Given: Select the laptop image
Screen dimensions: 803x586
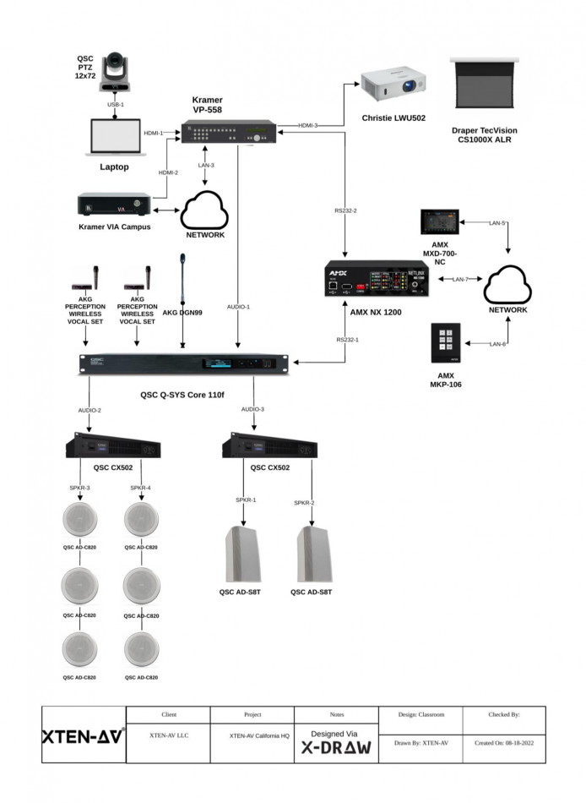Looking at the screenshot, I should (115, 138).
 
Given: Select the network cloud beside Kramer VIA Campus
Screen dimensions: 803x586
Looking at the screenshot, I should (203, 208).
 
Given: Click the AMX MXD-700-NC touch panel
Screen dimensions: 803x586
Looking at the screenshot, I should (440, 223).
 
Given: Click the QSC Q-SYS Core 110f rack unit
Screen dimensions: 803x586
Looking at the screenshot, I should (184, 363).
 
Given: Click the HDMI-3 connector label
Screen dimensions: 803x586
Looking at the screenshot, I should (309, 125).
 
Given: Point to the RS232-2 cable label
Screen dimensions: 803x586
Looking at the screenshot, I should (345, 211).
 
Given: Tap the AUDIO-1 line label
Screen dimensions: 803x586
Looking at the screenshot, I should (239, 306).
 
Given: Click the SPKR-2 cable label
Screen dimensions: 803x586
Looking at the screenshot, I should (304, 503).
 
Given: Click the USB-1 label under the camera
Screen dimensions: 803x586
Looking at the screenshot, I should (116, 104).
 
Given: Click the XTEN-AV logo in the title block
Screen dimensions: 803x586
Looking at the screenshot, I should (82, 735).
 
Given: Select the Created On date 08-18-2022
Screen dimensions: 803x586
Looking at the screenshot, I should (504, 743).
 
